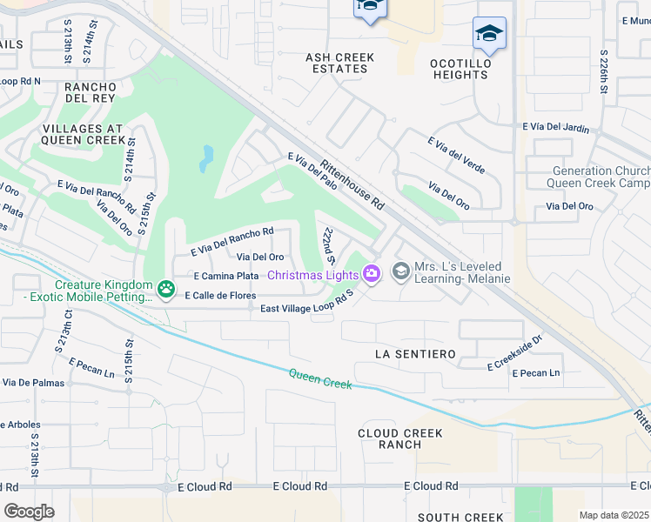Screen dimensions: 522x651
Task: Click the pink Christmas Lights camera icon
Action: (x=372, y=274)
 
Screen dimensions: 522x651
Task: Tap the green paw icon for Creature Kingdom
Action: (x=165, y=286)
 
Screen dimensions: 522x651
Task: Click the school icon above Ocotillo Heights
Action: (x=489, y=34)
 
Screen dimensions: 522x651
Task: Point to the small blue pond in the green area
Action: (x=206, y=158)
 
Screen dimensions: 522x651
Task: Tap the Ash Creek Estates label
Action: (x=339, y=64)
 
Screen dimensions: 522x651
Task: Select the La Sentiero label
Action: (x=415, y=354)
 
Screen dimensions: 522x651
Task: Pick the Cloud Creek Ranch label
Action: (x=400, y=438)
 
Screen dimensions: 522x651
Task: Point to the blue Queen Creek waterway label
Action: (x=320, y=378)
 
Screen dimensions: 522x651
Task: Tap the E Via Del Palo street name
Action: (x=313, y=170)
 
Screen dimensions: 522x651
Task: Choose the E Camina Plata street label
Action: (x=226, y=275)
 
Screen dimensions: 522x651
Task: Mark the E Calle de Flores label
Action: (x=219, y=295)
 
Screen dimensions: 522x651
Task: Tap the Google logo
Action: (x=30, y=511)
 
